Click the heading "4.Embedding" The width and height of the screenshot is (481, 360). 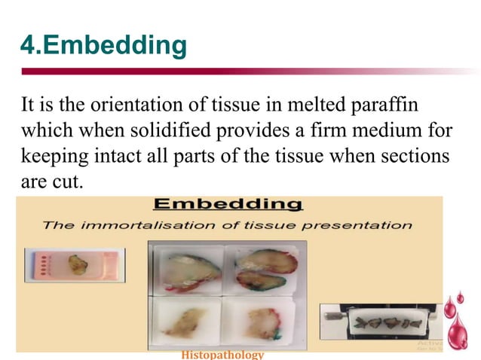tap(103, 46)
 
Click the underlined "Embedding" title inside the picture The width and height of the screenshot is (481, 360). tap(228, 204)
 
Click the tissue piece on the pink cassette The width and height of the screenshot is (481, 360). tap(76, 264)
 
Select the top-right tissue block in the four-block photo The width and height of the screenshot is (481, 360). tap(260, 270)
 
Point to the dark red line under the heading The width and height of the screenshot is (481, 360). tap(226, 72)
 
